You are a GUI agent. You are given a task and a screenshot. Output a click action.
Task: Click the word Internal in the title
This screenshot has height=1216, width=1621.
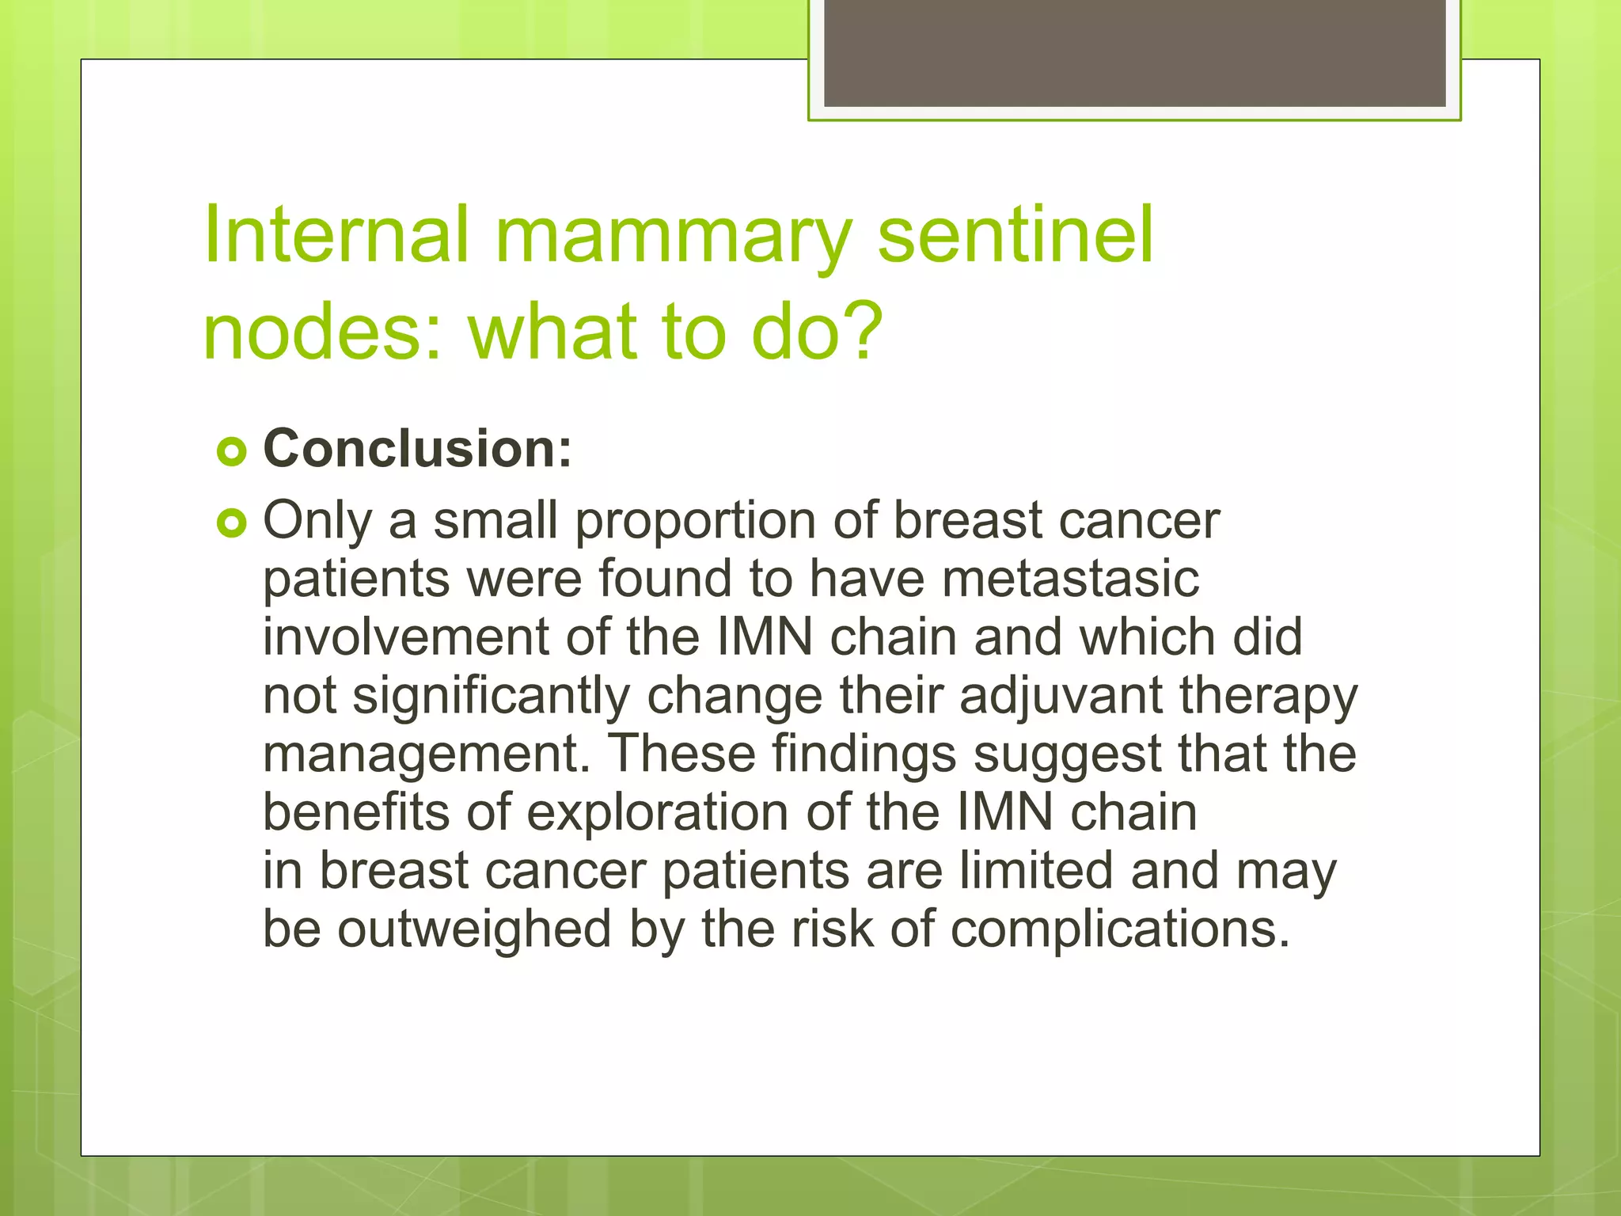coord(336,234)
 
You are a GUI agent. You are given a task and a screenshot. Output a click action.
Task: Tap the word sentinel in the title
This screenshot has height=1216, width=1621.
coord(1015,234)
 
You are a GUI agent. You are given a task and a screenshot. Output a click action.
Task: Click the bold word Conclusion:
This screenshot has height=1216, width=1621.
coord(417,449)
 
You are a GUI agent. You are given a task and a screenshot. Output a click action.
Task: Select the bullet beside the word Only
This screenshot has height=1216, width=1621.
coord(231,524)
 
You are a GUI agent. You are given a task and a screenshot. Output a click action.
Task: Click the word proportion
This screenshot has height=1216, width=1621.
coord(695,522)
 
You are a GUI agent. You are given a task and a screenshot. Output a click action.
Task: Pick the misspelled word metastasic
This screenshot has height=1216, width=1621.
coord(1070,579)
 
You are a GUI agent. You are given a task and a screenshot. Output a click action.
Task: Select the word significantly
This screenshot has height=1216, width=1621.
coord(491,697)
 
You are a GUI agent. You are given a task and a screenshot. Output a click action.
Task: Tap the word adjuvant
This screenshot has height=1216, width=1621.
coord(1061,697)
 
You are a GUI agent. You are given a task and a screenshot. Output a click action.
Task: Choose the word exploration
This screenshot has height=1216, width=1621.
coord(657,813)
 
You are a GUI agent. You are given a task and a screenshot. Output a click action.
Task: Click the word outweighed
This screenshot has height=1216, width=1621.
coord(474,929)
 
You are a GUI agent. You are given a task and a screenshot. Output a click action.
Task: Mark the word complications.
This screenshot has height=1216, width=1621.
coord(1120,929)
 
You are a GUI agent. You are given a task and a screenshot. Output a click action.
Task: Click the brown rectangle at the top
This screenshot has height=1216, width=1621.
coord(1134,52)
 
